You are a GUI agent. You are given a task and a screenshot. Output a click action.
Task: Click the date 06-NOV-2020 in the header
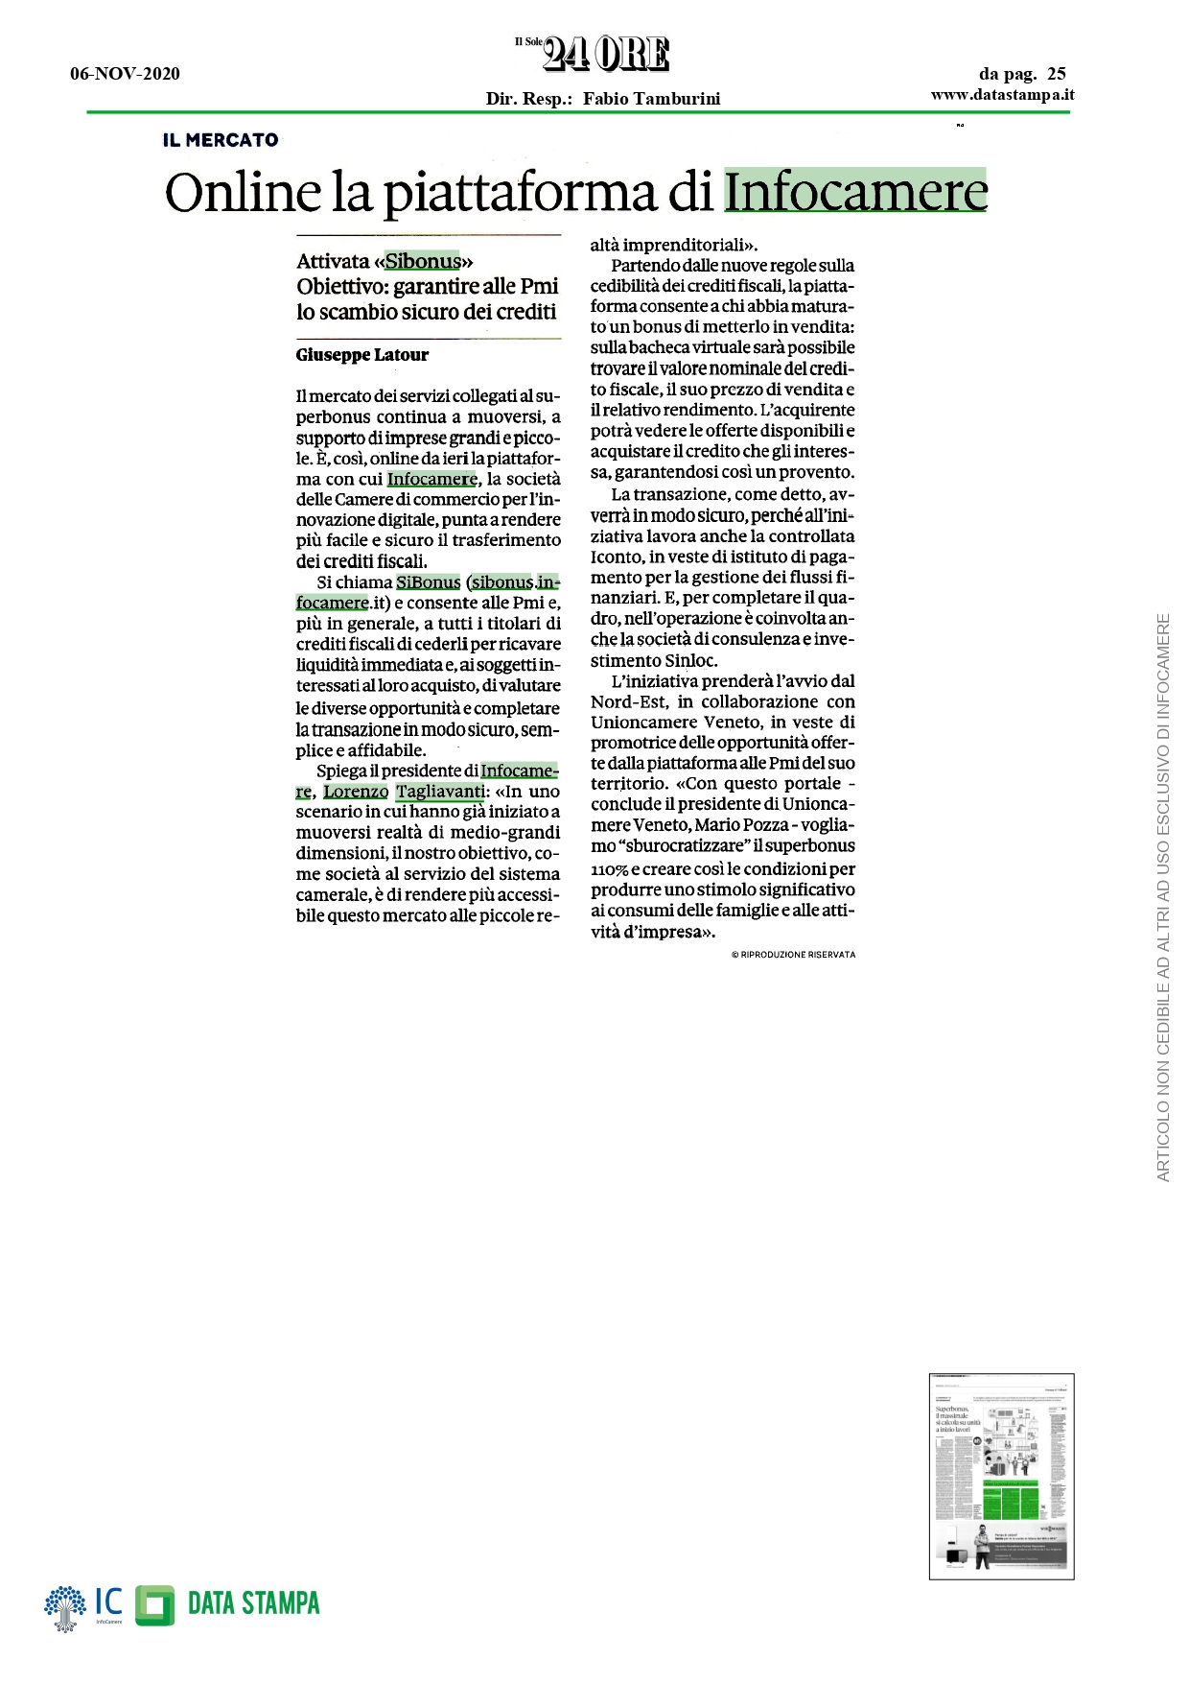pyautogui.click(x=125, y=74)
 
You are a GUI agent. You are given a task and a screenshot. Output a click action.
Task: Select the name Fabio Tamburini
pyautogui.click(x=651, y=98)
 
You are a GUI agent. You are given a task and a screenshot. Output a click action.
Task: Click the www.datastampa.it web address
pyautogui.click(x=1002, y=94)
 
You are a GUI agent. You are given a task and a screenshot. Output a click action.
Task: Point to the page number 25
pyautogui.click(x=1056, y=74)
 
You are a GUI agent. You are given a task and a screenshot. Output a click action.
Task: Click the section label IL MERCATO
pyautogui.click(x=221, y=140)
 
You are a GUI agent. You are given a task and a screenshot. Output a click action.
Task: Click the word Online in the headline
pyautogui.click(x=243, y=192)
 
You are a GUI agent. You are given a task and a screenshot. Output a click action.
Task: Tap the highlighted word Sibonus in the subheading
pyautogui.click(x=423, y=261)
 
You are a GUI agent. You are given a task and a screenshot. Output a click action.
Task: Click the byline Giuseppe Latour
pyautogui.click(x=362, y=355)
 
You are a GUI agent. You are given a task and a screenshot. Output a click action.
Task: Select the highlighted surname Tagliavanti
pyautogui.click(x=440, y=792)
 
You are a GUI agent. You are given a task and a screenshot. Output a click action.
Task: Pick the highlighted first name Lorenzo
pyautogui.click(x=356, y=792)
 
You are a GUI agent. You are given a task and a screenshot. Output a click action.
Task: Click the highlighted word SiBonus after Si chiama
pyautogui.click(x=428, y=582)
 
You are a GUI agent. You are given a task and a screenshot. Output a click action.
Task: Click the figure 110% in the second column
pyautogui.click(x=609, y=869)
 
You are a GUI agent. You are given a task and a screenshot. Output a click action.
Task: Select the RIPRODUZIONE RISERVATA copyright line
pyautogui.click(x=793, y=955)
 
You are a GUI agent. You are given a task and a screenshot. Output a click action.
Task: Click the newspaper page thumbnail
pyautogui.click(x=1001, y=1476)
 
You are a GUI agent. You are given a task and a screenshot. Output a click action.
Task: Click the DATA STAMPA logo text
pyautogui.click(x=253, y=1603)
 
